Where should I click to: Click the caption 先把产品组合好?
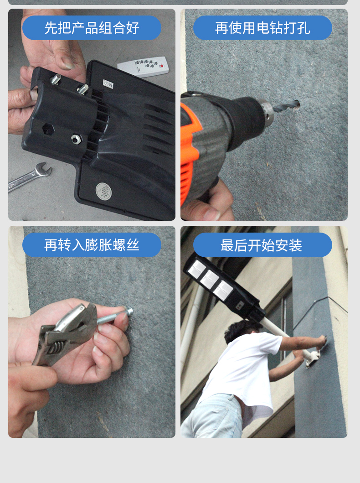click(92, 28)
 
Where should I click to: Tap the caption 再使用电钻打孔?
click(262, 28)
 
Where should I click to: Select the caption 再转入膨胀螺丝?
click(92, 245)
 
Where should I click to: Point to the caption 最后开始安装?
click(261, 245)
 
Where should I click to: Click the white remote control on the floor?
click(144, 66)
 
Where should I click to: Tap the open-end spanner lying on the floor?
click(30, 177)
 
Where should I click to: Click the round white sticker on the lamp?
click(103, 191)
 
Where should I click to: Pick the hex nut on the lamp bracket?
click(76, 139)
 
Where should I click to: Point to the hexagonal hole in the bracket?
click(48, 129)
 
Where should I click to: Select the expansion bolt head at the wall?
click(129, 311)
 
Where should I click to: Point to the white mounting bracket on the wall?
click(313, 357)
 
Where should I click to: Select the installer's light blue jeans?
click(212, 416)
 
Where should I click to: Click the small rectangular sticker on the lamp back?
click(108, 84)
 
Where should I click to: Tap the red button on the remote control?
click(162, 66)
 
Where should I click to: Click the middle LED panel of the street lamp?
click(210, 279)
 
